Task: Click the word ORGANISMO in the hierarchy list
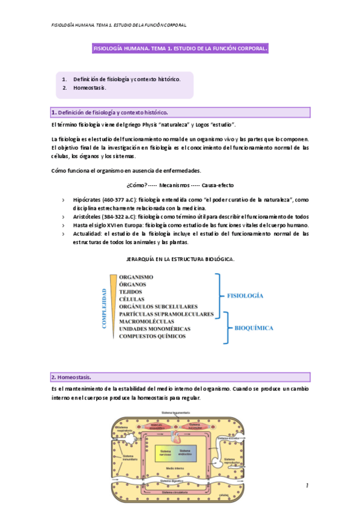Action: [x=136, y=277]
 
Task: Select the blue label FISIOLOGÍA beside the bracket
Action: [x=246, y=296]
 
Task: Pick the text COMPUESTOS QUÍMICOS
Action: [x=152, y=336]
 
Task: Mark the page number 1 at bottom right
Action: [x=307, y=485]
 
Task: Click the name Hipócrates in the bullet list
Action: [x=87, y=200]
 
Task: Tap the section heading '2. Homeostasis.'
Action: [x=71, y=377]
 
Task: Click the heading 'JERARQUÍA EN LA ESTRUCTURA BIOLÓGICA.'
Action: [x=180, y=259]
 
